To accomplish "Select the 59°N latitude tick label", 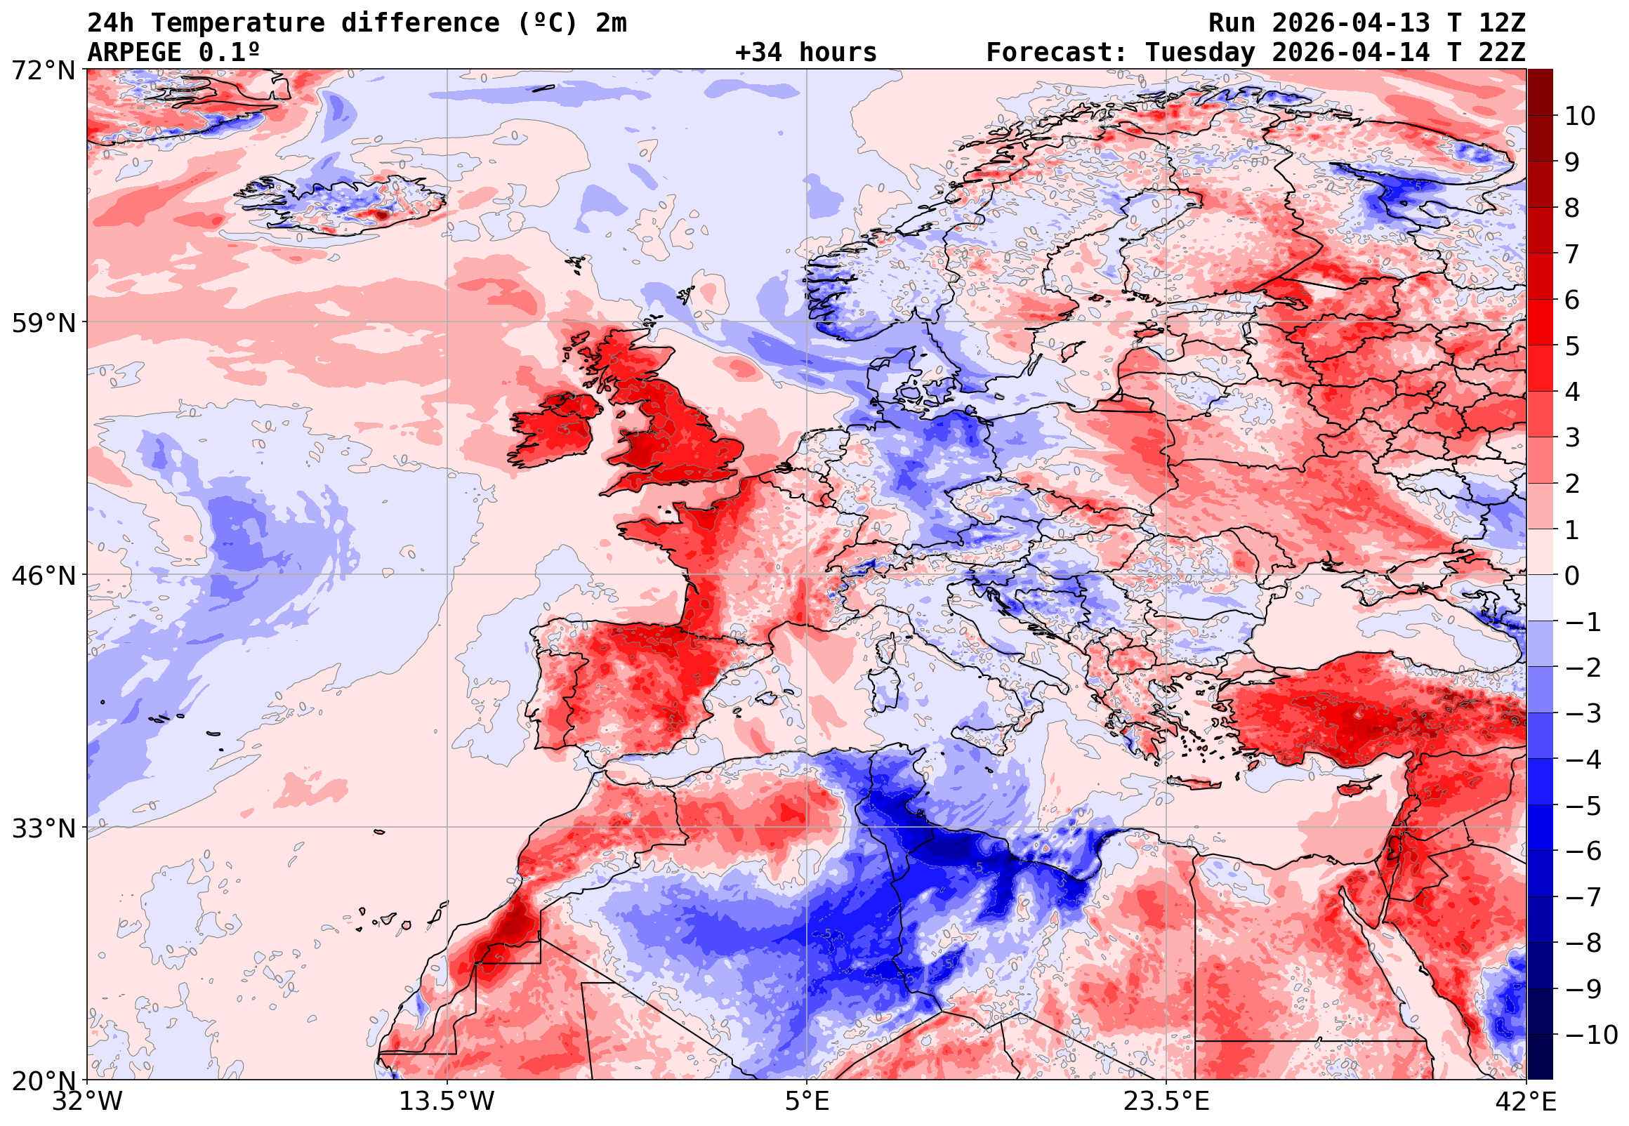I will (43, 324).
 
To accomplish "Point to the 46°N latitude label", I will (43, 576).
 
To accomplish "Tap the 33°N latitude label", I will (43, 828).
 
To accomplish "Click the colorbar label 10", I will (1580, 117).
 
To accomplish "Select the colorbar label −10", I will (1591, 1035).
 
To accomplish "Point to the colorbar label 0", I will (1572, 576).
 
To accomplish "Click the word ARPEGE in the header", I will (135, 53).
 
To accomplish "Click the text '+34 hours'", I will (805, 53).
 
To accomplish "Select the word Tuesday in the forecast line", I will (1199, 53).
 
